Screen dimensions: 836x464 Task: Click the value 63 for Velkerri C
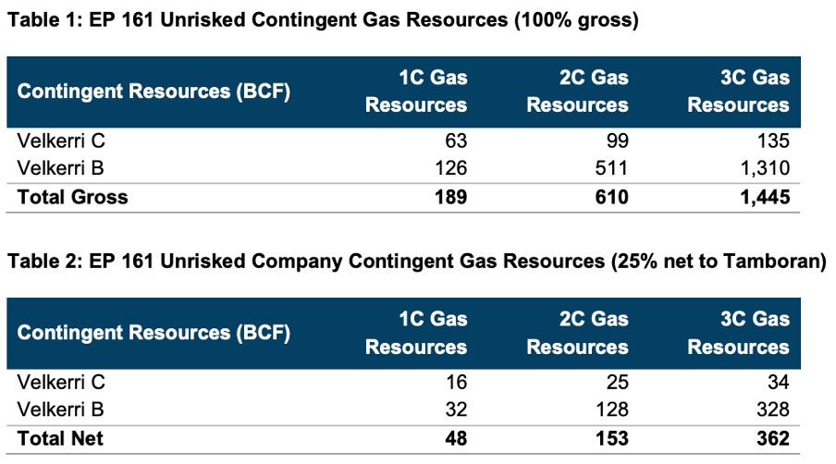coord(456,140)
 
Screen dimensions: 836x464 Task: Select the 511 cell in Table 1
coord(611,168)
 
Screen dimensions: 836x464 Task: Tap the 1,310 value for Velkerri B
coord(765,168)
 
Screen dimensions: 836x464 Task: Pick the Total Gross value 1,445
coord(765,197)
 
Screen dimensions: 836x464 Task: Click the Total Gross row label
coord(72,197)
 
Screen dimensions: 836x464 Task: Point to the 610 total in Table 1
coord(611,197)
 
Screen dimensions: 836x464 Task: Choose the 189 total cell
coord(450,197)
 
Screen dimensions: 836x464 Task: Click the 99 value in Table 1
coord(618,140)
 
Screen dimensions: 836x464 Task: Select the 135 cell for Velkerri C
coord(773,140)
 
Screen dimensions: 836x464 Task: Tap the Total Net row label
coord(60,438)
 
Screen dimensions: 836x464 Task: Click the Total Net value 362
coord(773,438)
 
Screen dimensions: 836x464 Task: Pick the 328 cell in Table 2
coord(773,409)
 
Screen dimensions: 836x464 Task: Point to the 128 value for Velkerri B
coord(611,409)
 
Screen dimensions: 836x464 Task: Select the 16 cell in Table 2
coord(456,382)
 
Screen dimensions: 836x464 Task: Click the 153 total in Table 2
coord(611,438)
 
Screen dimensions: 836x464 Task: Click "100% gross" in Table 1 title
coord(576,20)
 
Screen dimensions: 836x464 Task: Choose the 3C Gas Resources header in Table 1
coord(738,92)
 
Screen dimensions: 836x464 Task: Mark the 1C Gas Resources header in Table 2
coord(416,333)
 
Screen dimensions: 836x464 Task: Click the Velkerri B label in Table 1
coord(60,168)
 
